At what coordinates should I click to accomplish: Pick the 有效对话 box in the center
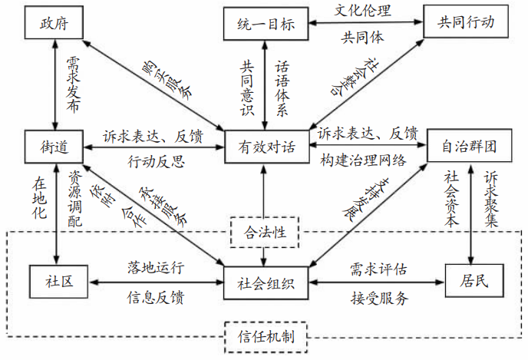265,146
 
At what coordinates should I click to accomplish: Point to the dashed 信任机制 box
264,335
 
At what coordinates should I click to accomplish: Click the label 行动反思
153,160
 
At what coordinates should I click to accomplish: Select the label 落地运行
156,267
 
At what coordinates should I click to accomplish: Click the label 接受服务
377,296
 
